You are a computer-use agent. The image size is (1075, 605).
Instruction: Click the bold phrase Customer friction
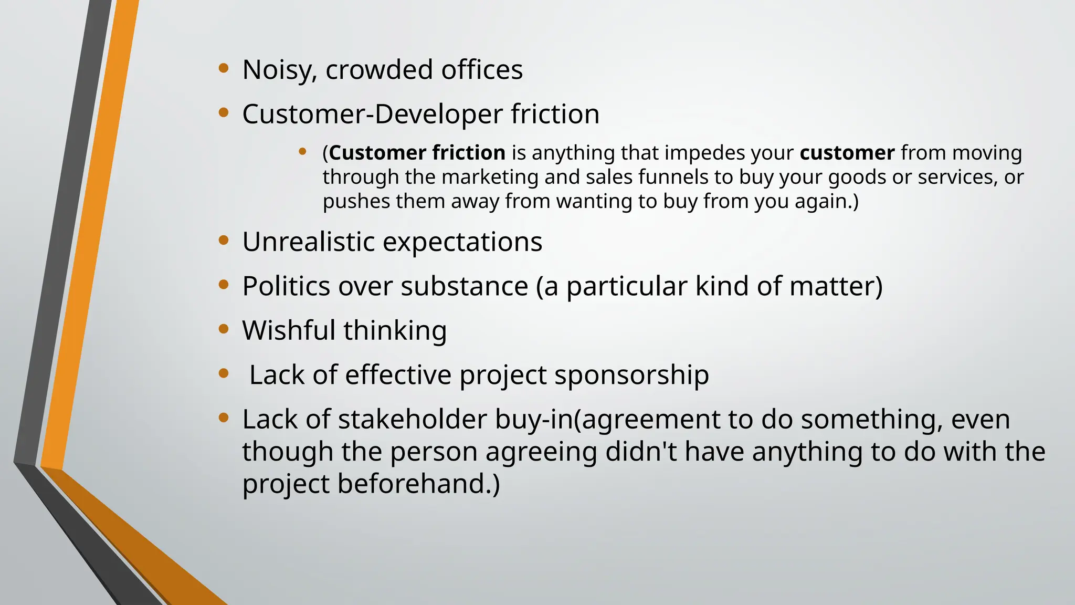[417, 153]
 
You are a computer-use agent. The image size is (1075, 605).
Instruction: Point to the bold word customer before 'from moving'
[847, 153]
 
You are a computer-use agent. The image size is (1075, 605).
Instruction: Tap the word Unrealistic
[308, 242]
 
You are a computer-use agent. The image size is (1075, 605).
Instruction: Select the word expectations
[462, 242]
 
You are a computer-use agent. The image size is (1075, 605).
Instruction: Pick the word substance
[464, 286]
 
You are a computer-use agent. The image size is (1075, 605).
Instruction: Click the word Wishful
[289, 330]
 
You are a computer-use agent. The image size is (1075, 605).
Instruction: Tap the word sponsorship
[631, 375]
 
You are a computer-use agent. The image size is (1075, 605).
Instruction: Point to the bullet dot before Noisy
[224, 67]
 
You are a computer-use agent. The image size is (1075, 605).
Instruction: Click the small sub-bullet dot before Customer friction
[302, 152]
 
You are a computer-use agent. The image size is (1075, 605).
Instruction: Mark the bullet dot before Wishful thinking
[224, 329]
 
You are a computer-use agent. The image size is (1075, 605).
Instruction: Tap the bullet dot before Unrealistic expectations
[224, 240]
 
